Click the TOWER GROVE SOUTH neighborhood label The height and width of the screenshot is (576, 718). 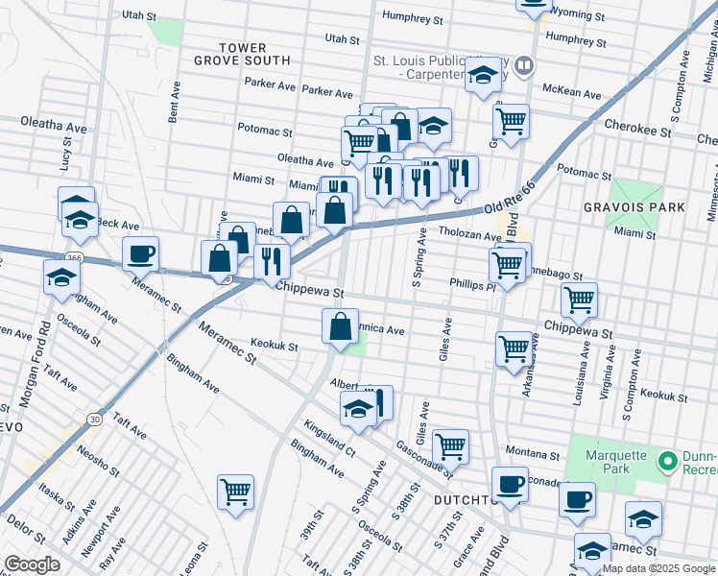(x=242, y=54)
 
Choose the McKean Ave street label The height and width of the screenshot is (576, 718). (x=571, y=94)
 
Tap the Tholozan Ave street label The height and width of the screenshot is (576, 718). (x=470, y=235)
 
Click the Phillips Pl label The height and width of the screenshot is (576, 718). (x=471, y=284)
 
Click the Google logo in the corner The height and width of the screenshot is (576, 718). (x=32, y=564)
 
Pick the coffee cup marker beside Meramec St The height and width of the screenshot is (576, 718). (x=141, y=254)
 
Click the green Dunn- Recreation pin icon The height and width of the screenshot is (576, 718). (x=668, y=463)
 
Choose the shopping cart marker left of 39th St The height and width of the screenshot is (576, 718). (x=235, y=492)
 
